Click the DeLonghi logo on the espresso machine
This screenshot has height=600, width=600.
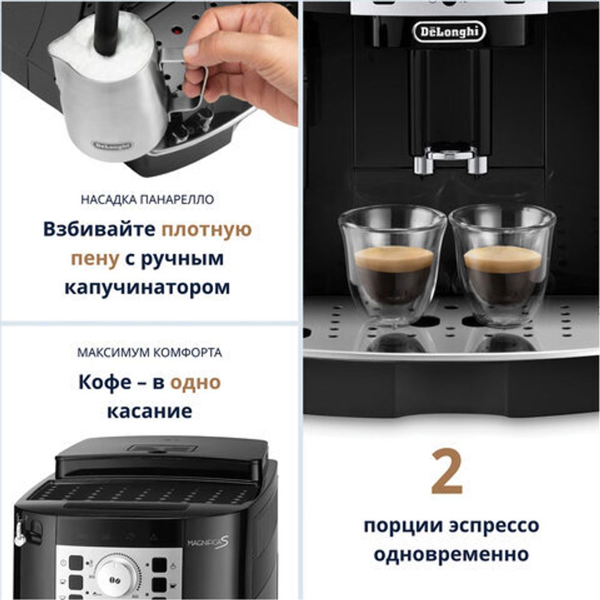point(449,31)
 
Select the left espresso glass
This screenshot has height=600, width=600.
point(393,264)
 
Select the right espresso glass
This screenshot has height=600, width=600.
point(503,264)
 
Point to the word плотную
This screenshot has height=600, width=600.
point(207,230)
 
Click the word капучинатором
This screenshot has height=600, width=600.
point(147,286)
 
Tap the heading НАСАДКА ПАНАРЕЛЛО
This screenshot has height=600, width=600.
point(147,200)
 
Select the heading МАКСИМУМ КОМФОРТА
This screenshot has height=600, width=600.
point(149,353)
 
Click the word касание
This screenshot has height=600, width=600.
point(149,411)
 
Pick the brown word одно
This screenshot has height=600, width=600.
point(196,383)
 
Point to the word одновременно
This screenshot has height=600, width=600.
point(451,553)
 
